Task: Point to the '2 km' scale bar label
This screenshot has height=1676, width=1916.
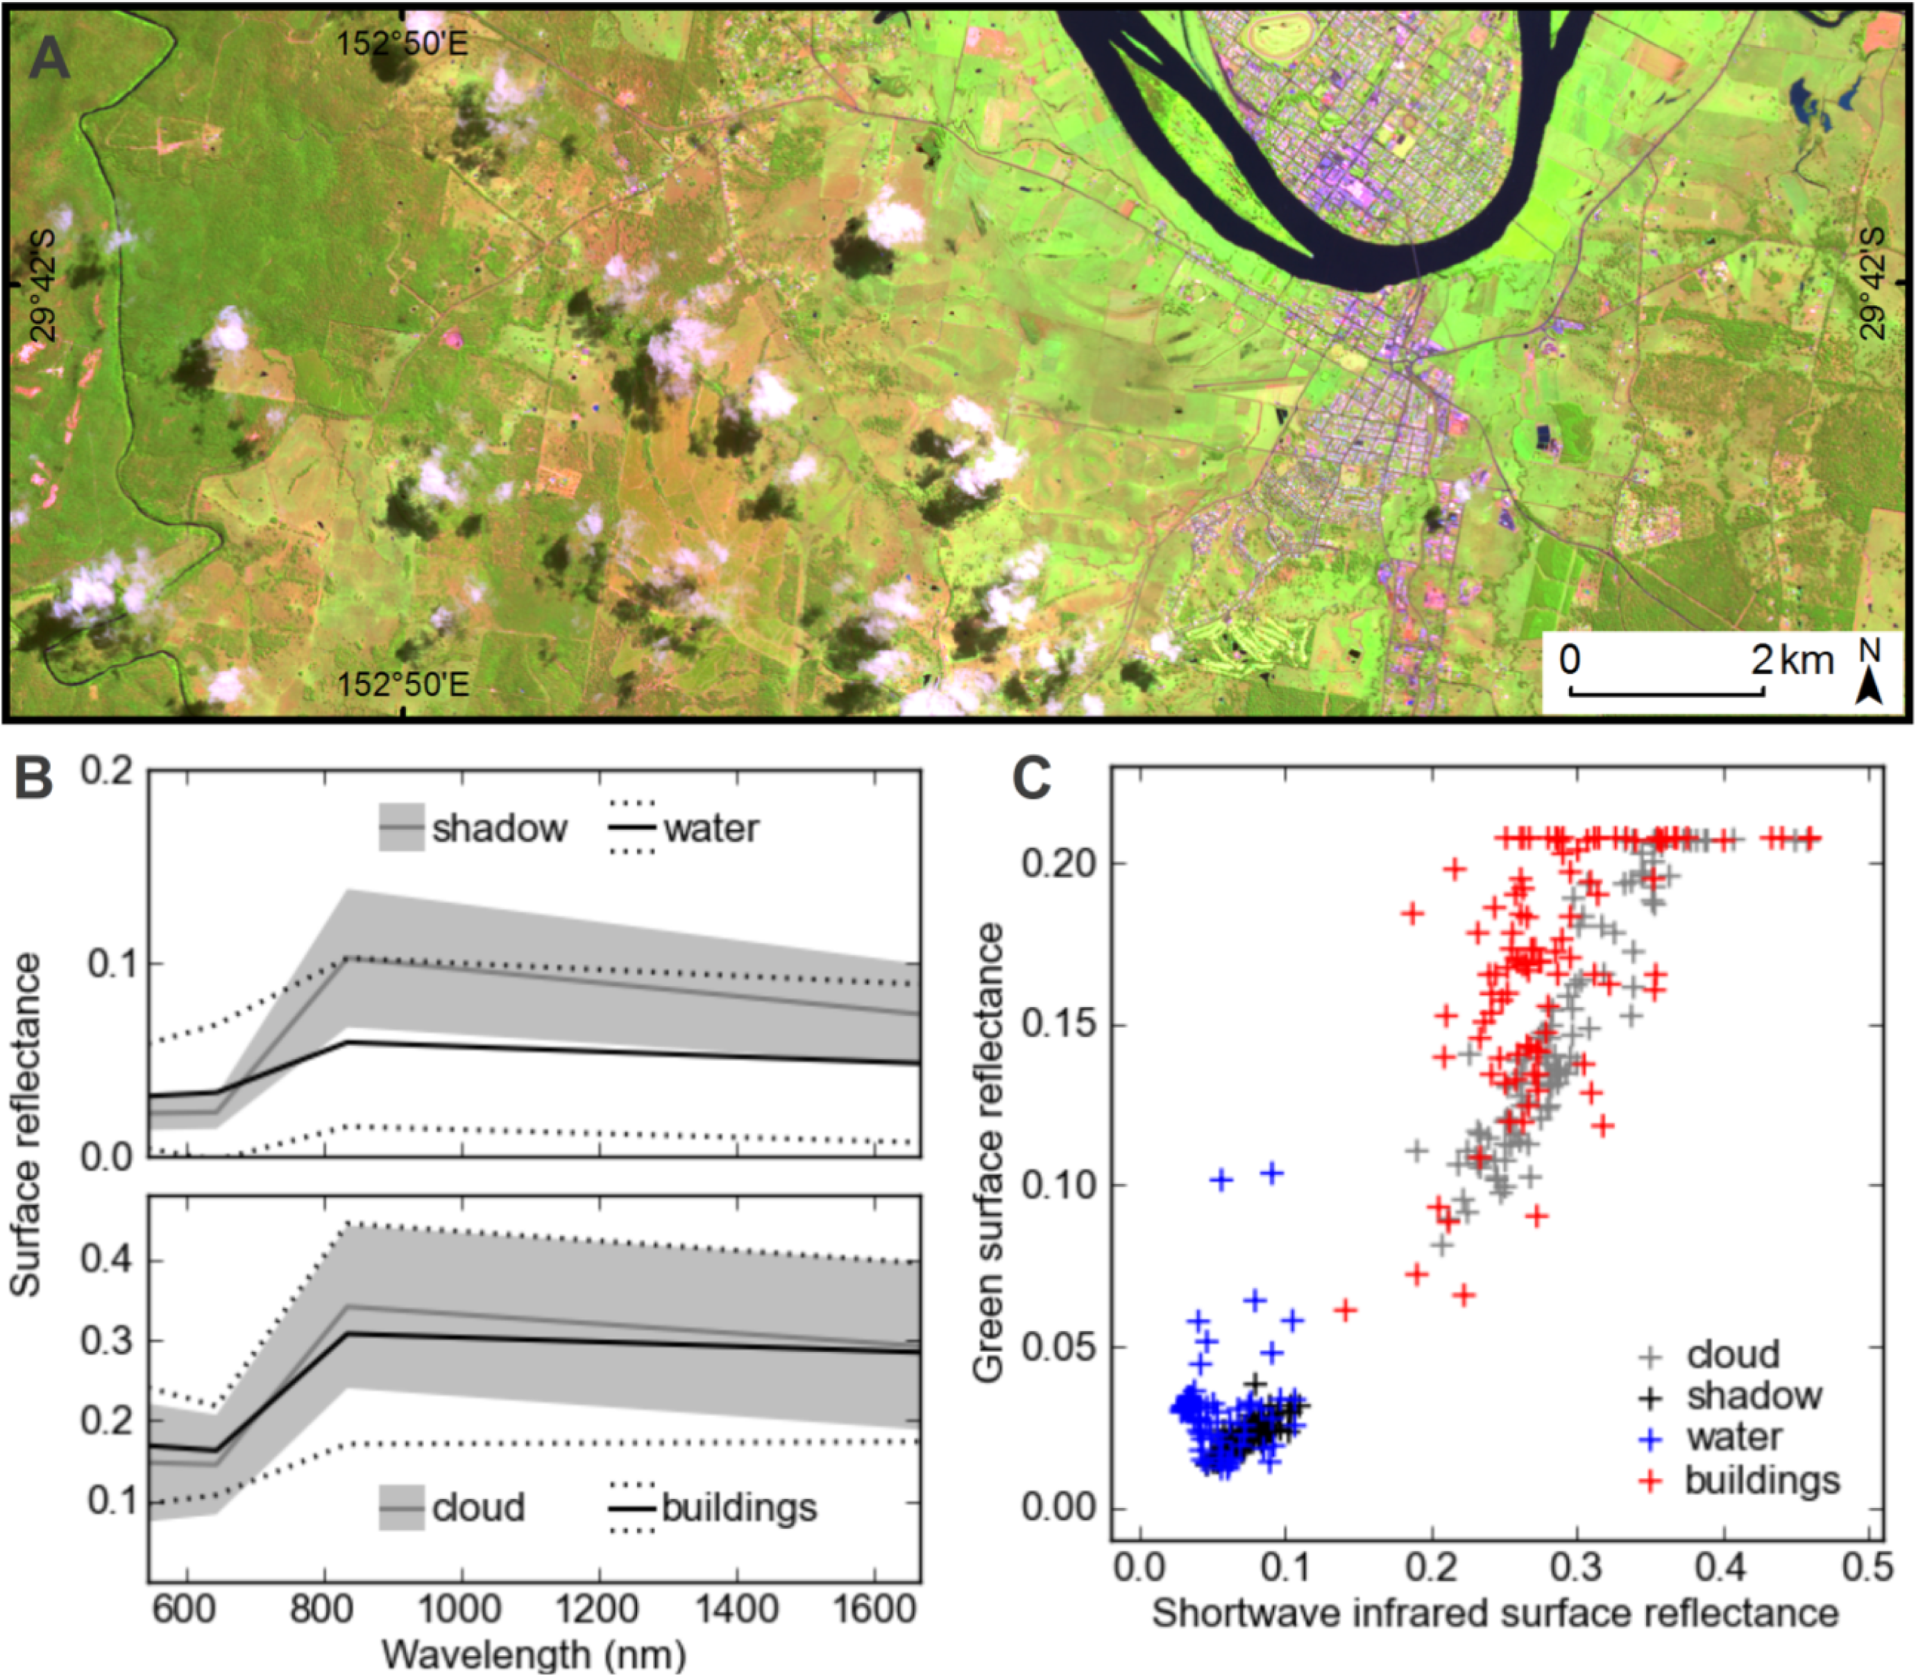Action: point(1790,660)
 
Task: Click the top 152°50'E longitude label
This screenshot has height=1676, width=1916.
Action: point(402,43)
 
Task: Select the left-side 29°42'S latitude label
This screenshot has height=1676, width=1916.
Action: point(42,285)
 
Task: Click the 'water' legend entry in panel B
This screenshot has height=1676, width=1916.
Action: point(711,829)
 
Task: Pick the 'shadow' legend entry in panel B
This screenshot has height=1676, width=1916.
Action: point(498,829)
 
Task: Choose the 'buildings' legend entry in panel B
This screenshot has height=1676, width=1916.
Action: point(739,1507)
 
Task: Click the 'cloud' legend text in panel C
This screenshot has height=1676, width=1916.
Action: point(1733,1354)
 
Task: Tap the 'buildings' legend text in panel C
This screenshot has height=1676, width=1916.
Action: point(1762,1480)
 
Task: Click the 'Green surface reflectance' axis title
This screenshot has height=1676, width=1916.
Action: point(988,1154)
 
